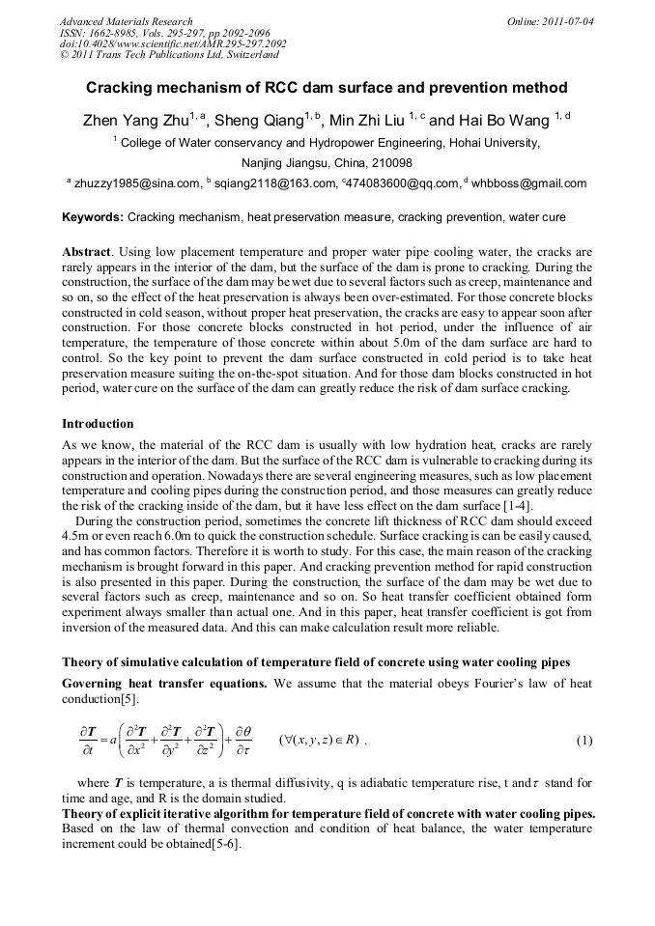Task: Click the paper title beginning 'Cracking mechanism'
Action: (x=327, y=88)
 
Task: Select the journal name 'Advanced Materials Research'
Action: (x=127, y=20)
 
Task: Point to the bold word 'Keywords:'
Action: (x=92, y=217)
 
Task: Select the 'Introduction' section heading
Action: (x=98, y=423)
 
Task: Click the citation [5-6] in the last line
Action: (x=224, y=843)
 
